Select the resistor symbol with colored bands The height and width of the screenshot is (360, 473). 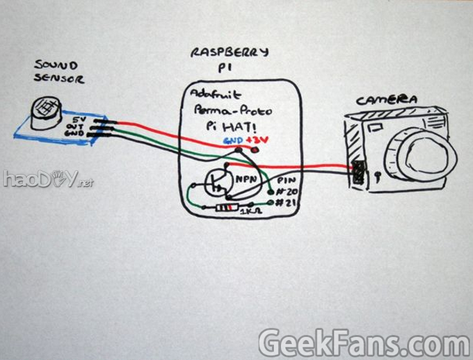pos(226,207)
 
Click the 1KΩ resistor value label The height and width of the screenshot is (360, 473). pos(249,212)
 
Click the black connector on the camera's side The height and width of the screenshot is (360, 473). pos(359,172)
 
